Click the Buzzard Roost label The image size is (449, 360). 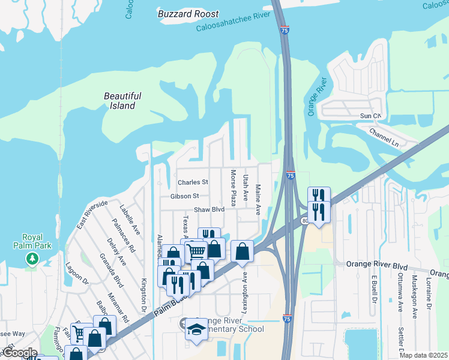(x=188, y=14)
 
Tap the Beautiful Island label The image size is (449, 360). (x=122, y=101)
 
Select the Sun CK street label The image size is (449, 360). (x=370, y=115)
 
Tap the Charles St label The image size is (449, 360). (x=193, y=182)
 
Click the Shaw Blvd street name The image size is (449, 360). (x=209, y=209)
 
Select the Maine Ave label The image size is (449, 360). (x=259, y=200)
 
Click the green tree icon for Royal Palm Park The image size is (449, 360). (x=32, y=258)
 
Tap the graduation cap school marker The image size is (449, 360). (x=196, y=329)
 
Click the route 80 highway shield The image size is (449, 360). (x=305, y=221)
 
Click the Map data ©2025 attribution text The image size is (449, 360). (x=423, y=355)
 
